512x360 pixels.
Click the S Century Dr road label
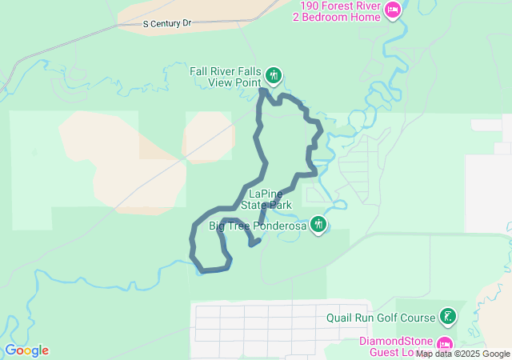tap(168, 24)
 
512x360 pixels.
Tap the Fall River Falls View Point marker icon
tap(274, 75)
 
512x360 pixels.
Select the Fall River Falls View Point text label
tap(226, 77)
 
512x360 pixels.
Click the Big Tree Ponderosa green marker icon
tap(319, 224)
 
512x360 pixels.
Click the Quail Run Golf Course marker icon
tap(449, 317)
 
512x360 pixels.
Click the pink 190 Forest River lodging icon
tap(392, 10)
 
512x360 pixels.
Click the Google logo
tap(26, 350)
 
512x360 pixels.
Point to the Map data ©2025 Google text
tap(462, 354)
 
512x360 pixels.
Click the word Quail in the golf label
tap(340, 317)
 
